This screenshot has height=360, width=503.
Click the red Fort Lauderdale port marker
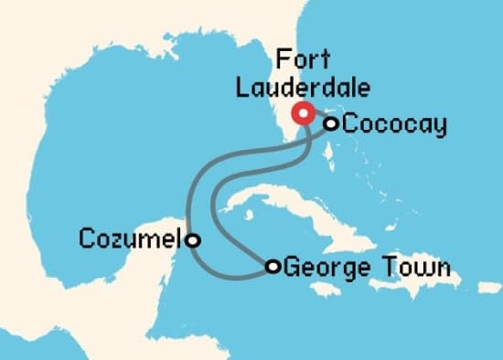point(303,113)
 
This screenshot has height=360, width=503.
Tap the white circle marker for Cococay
point(330,123)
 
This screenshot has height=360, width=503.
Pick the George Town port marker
point(273,267)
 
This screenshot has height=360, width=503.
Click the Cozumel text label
point(131,240)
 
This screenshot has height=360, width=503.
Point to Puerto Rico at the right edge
point(490,287)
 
